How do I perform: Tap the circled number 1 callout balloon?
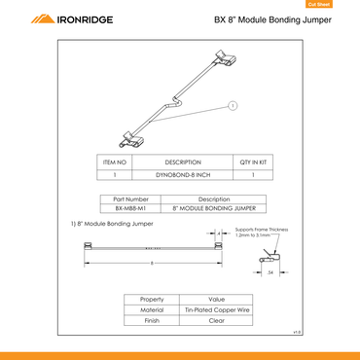point(234,104)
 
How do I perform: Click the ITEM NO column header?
point(115,162)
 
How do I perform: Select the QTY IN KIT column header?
point(253,162)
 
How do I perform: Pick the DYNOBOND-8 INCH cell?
point(183,175)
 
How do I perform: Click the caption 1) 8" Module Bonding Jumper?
point(113,224)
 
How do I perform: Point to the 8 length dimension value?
point(152,263)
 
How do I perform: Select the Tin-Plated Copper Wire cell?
point(217,309)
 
